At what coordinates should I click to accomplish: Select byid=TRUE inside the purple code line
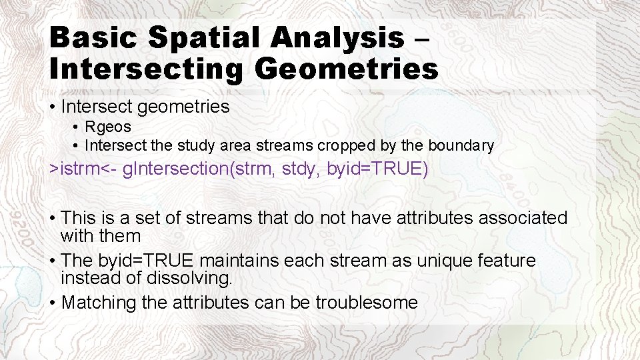click(x=375, y=169)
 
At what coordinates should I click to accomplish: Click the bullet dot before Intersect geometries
click(x=52, y=107)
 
